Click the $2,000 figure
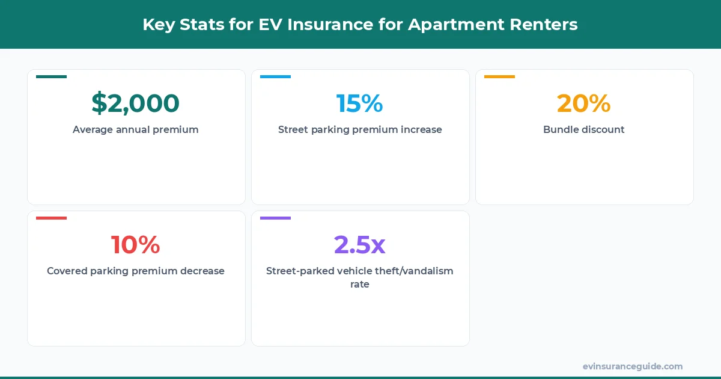pyautogui.click(x=135, y=103)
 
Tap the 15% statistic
pyautogui.click(x=359, y=103)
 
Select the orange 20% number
pyautogui.click(x=583, y=103)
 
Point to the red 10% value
pyautogui.click(x=135, y=245)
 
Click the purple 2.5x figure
pyautogui.click(x=359, y=245)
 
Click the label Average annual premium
pyautogui.click(x=135, y=129)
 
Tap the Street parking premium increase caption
pyautogui.click(x=359, y=129)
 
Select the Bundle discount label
pyautogui.click(x=583, y=129)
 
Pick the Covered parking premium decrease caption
pyautogui.click(x=135, y=271)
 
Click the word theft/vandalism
pyautogui.click(x=415, y=271)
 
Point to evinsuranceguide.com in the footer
pyautogui.click(x=632, y=366)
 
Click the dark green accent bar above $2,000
pyautogui.click(x=51, y=76)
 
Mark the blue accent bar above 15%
pyautogui.click(x=275, y=76)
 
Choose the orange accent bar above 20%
pyautogui.click(x=499, y=76)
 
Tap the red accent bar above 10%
pyautogui.click(x=51, y=218)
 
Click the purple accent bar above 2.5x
pyautogui.click(x=275, y=218)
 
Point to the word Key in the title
pyautogui.click(x=157, y=25)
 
